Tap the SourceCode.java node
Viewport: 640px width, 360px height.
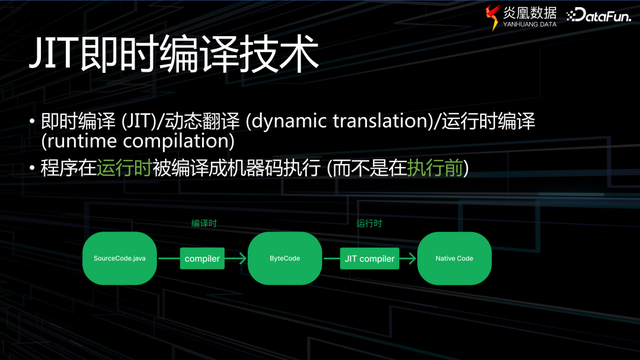(117, 259)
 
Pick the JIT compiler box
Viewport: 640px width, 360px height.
(370, 259)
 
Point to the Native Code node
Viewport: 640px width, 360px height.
(454, 259)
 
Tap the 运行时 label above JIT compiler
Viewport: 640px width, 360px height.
(370, 224)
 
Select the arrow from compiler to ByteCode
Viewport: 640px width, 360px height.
(236, 259)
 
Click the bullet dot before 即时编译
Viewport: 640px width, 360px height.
(31, 122)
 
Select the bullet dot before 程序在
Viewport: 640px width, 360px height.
(31, 170)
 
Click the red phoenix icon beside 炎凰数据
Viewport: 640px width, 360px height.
(491, 15)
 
